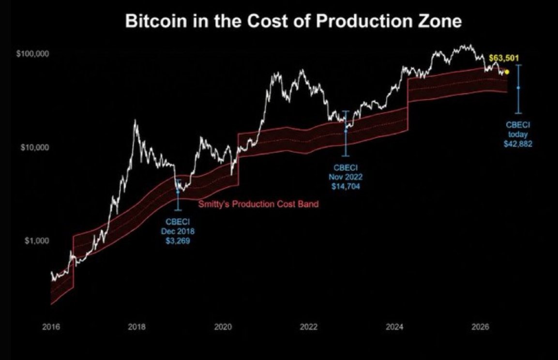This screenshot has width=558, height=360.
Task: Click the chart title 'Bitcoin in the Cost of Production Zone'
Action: click(x=293, y=21)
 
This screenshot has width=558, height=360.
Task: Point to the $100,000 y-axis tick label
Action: click(x=32, y=54)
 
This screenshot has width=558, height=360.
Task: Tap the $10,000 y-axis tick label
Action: click(x=34, y=147)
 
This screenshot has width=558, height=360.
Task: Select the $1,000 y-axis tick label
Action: click(x=37, y=241)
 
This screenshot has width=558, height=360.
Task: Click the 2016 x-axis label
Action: click(x=51, y=327)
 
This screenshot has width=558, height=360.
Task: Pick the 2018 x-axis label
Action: click(x=136, y=327)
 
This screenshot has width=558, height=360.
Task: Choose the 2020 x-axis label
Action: click(x=223, y=327)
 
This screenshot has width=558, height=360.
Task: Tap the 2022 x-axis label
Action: click(x=309, y=327)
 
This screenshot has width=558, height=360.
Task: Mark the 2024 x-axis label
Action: click(x=394, y=327)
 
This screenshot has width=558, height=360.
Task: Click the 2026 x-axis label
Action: click(x=481, y=327)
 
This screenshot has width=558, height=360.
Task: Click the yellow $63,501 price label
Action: click(x=504, y=58)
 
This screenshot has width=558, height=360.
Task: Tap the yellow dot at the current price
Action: click(x=507, y=72)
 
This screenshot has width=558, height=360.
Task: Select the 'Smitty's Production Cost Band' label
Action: click(x=258, y=204)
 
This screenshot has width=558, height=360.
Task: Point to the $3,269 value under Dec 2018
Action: click(x=178, y=241)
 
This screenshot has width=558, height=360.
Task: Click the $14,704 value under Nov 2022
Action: click(x=346, y=186)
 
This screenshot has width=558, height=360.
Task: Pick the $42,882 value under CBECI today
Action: click(x=518, y=144)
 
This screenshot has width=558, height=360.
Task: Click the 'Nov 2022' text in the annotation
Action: click(x=346, y=177)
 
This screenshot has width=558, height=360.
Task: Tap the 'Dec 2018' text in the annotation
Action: click(x=178, y=231)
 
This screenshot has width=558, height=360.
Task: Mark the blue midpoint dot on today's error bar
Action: click(x=518, y=88)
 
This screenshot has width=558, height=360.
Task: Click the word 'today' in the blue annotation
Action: click(x=518, y=135)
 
